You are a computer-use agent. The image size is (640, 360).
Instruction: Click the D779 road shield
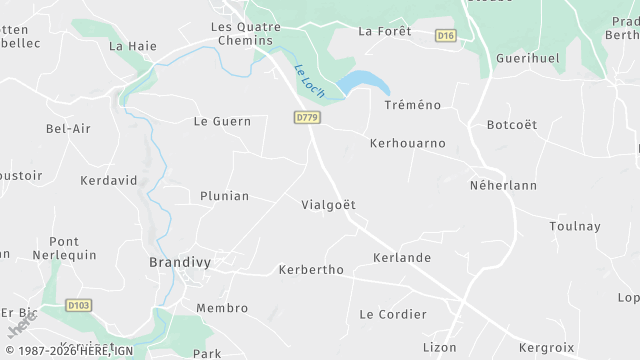point(307,118)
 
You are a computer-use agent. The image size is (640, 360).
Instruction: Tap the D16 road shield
point(446,36)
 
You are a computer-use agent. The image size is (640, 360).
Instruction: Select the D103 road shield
point(79,305)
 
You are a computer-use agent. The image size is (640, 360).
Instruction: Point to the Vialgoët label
point(328,205)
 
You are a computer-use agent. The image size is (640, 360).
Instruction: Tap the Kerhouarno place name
point(407,144)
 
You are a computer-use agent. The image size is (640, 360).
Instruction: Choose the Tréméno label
point(414,104)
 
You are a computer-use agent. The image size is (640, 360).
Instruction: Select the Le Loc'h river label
point(309,81)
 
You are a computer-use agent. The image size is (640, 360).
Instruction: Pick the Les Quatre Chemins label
point(242,33)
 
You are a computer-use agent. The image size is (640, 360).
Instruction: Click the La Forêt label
point(385,31)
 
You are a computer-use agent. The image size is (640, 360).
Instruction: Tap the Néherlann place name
point(503,186)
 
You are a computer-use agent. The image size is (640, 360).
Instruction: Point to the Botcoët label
point(511,125)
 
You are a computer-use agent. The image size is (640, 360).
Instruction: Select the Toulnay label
point(575,227)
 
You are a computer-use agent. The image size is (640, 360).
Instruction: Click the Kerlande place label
point(401,258)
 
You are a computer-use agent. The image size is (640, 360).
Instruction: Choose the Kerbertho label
point(311,270)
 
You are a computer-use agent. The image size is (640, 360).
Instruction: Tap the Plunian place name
point(224,196)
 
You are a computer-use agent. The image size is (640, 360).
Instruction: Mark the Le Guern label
point(222,122)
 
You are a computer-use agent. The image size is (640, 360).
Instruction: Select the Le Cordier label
point(393,314)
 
